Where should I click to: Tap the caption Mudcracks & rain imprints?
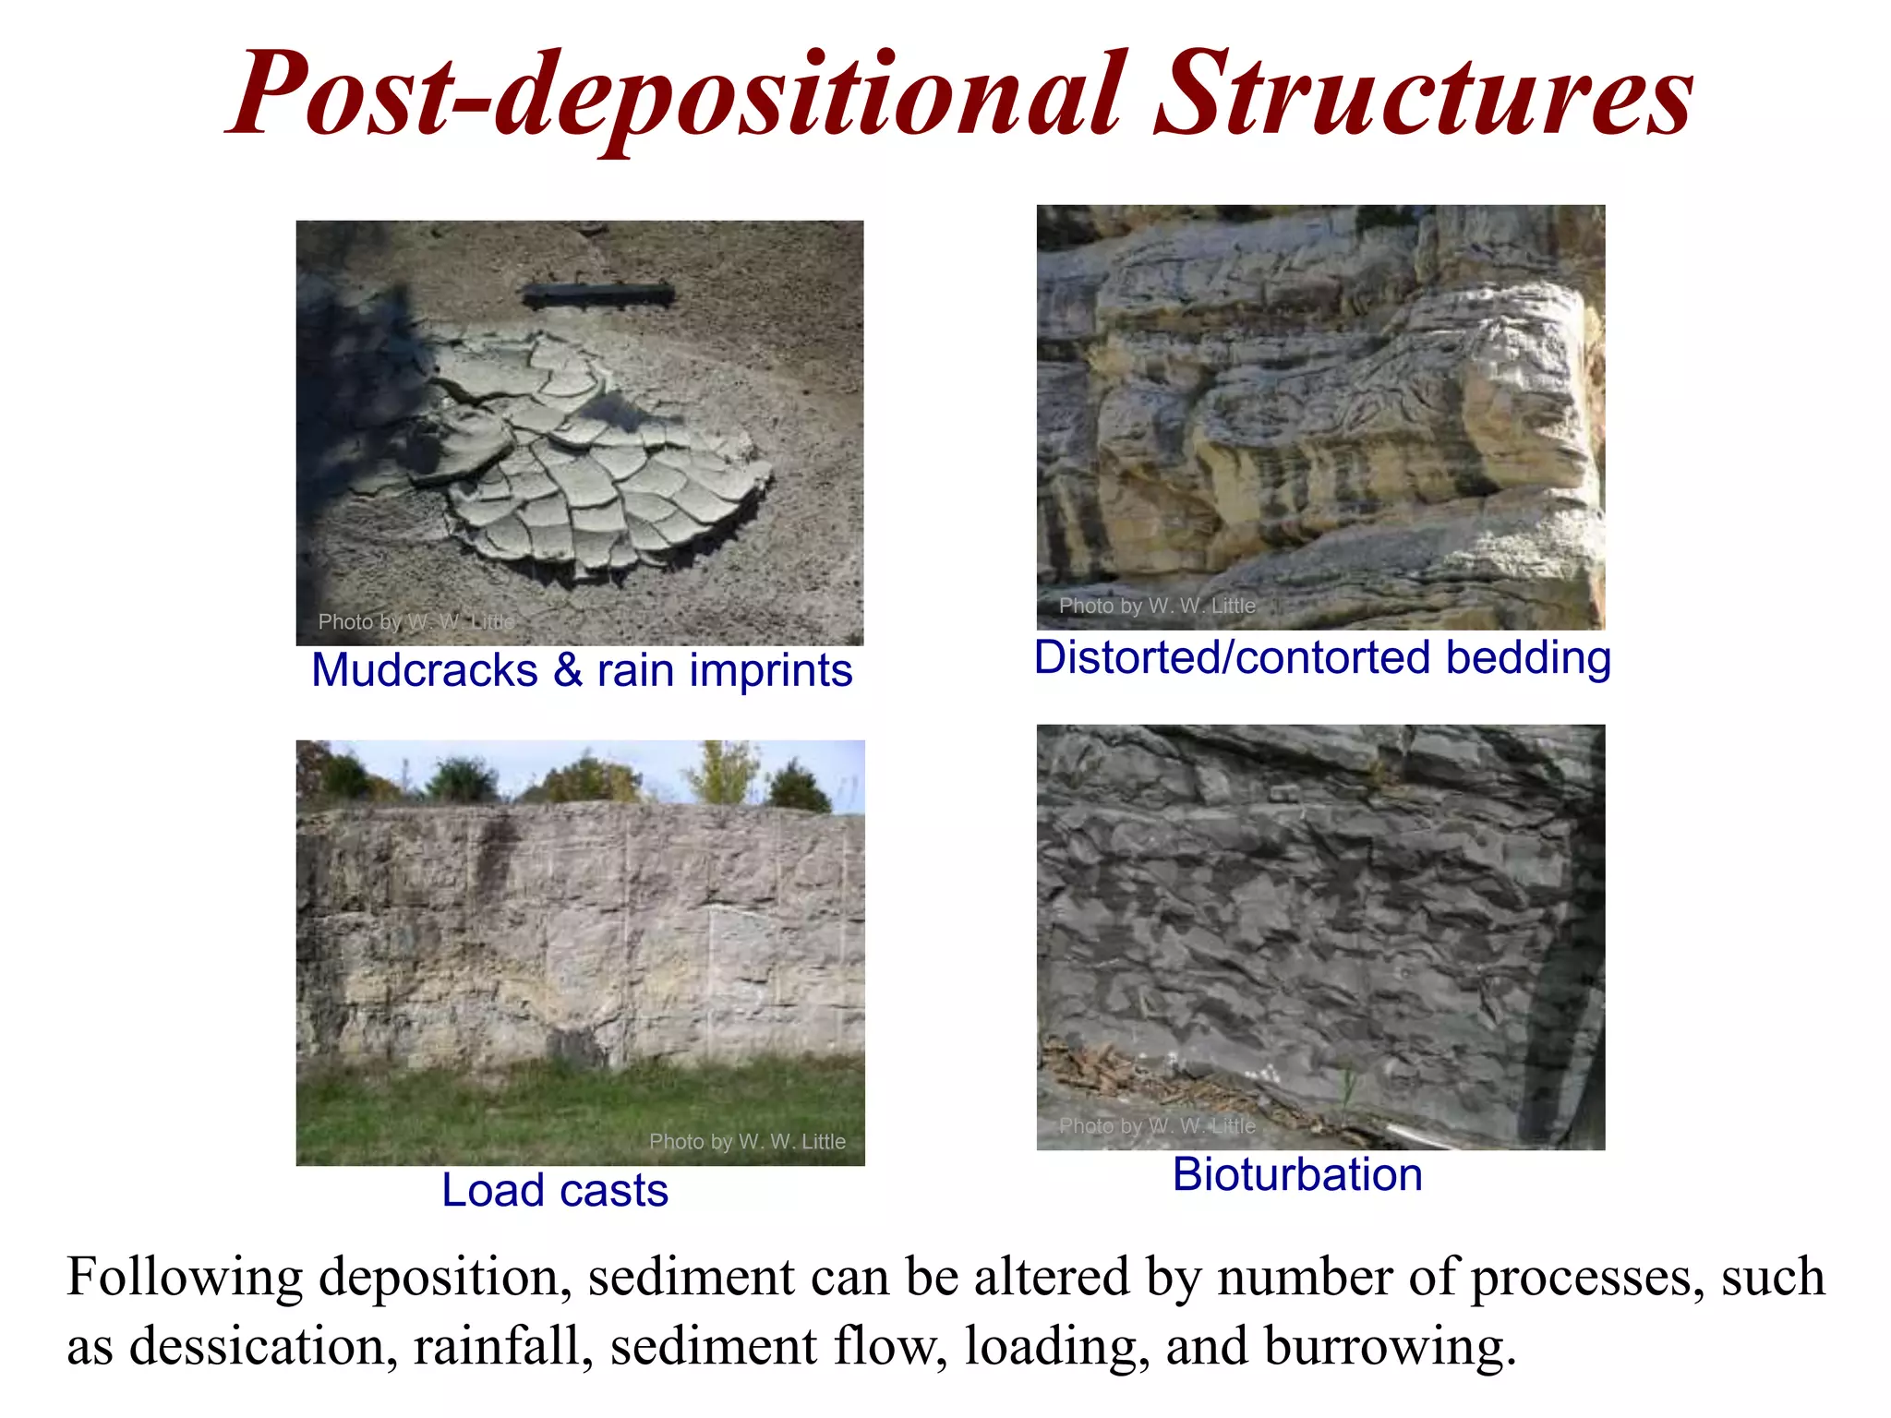click(x=582, y=670)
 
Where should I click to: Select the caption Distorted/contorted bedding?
click(x=1322, y=658)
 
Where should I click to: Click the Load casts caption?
click(x=555, y=1190)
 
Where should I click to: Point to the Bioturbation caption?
click(x=1297, y=1175)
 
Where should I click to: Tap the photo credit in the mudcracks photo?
click(x=416, y=621)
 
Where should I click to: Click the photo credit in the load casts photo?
click(x=747, y=1142)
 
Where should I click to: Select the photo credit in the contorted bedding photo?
click(x=1157, y=606)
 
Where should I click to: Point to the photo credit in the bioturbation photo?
click(x=1157, y=1125)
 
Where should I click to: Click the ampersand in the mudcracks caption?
click(x=568, y=670)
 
